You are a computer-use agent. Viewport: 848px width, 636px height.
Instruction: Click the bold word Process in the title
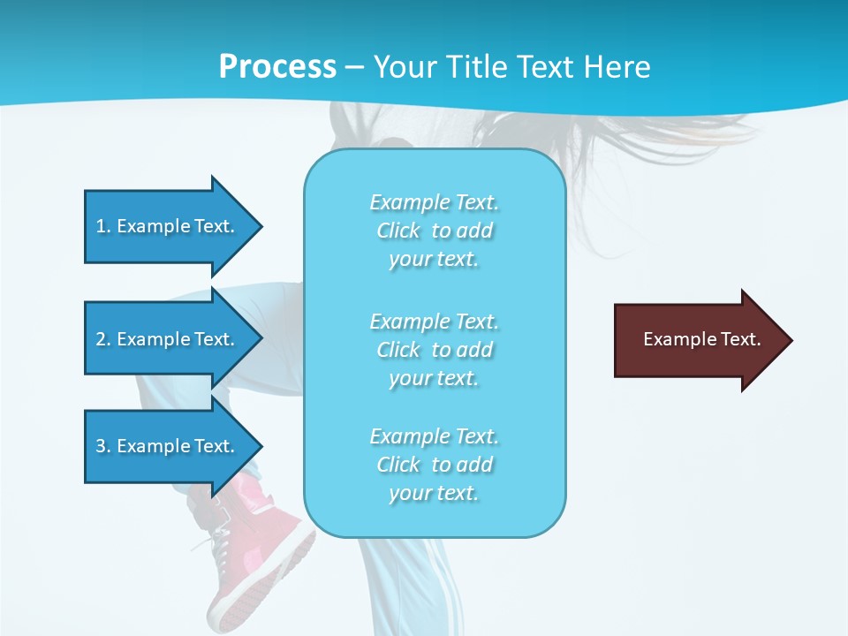pos(277,67)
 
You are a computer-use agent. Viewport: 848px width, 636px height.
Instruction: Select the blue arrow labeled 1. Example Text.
pos(168,226)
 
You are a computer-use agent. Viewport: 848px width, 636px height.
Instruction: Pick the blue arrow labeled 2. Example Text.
pos(168,339)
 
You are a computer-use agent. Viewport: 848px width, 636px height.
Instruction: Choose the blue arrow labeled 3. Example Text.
pos(168,446)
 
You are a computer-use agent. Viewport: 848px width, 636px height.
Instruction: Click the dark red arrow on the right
pos(698,340)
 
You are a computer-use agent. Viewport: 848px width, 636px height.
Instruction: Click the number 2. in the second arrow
pos(102,339)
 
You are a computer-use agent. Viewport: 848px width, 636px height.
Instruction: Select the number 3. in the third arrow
pos(102,446)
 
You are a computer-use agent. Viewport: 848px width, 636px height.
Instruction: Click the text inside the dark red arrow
pos(701,339)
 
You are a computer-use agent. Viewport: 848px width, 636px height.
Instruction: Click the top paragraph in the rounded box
pos(434,231)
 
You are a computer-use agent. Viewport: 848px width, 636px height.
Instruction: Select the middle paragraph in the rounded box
pos(434,350)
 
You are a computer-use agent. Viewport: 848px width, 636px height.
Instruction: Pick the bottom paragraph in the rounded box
pos(434,465)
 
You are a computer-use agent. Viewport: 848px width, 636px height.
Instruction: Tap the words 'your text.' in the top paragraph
pos(434,260)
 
